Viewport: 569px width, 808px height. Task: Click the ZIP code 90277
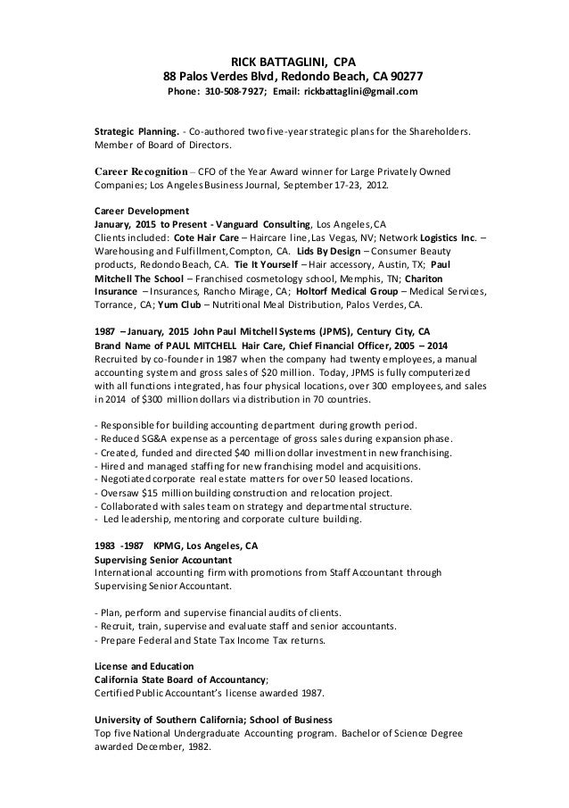405,77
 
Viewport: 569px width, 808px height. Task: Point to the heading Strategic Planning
132,130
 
